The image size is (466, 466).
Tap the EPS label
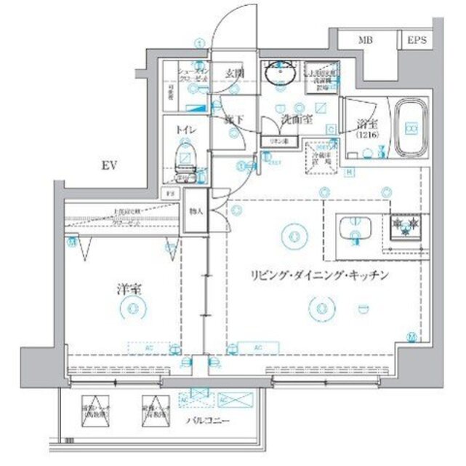[x=416, y=40]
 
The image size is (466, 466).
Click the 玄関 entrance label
[x=233, y=73]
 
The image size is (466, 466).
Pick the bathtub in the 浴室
[x=411, y=128]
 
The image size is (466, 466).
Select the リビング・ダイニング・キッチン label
[x=316, y=275]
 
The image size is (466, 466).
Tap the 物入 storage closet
[x=196, y=211]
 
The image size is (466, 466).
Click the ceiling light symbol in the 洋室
[x=131, y=309]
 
